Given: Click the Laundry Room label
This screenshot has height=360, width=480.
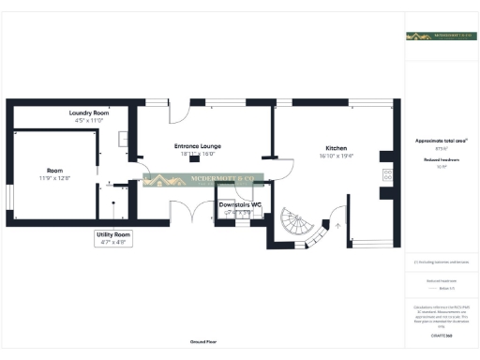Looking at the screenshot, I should pyautogui.click(x=91, y=113).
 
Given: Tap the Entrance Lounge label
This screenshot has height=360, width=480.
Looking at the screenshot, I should pyautogui.click(x=197, y=146).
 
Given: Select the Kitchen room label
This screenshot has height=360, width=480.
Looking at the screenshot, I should pyautogui.click(x=336, y=149).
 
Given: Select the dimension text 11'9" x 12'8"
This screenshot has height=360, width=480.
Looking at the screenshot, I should pyautogui.click(x=55, y=178).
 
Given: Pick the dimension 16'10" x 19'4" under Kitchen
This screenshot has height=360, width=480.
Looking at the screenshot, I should pyautogui.click(x=336, y=157).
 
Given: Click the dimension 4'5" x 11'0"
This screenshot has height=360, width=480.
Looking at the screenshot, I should pyautogui.click(x=91, y=121).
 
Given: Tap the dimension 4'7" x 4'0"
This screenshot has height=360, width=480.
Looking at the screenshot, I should pyautogui.click(x=114, y=242).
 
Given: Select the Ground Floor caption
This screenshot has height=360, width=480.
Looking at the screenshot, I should pyautogui.click(x=202, y=342).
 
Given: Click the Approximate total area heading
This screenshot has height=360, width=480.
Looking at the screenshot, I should pyautogui.click(x=440, y=141).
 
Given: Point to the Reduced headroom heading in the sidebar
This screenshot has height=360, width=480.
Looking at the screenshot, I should pyautogui.click(x=440, y=160).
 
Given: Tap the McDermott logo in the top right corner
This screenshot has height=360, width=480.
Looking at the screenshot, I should pyautogui.click(x=439, y=37).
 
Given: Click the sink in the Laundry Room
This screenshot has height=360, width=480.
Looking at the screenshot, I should pyautogui.click(x=124, y=138).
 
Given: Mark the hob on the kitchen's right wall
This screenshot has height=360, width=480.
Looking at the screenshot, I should pyautogui.click(x=386, y=174).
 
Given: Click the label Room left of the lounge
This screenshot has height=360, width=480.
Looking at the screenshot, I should pyautogui.click(x=55, y=170).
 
